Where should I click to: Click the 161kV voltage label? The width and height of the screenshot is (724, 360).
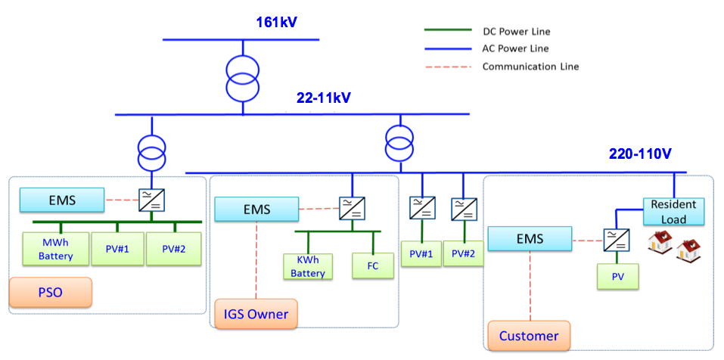point(276,22)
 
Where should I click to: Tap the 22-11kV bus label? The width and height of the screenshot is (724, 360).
point(324,98)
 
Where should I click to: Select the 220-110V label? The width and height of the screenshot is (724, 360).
point(640,154)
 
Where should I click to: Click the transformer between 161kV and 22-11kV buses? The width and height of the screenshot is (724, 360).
point(241,76)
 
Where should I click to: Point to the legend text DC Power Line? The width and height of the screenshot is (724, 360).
point(516,32)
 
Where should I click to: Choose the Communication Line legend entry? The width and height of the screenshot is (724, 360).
point(530,67)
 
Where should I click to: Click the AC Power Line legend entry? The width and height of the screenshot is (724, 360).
point(516,48)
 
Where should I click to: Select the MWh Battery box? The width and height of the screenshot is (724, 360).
point(57,250)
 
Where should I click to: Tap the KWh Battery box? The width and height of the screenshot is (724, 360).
point(306,266)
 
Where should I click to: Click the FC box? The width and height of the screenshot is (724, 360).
point(371,266)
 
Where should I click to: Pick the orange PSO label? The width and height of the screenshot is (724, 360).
point(50,292)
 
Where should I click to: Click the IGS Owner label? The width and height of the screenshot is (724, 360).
point(256,314)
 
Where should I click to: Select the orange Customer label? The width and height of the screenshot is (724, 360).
point(528,335)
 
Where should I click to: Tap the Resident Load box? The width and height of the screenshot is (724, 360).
point(673,212)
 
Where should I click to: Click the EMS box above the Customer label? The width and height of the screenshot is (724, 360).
point(529,240)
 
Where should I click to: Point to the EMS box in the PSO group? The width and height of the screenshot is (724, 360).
point(62,200)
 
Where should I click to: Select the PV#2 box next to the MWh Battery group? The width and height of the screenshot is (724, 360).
point(173,250)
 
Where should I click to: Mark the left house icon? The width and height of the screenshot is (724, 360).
point(660,242)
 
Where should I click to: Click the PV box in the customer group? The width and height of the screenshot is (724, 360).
point(617,276)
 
